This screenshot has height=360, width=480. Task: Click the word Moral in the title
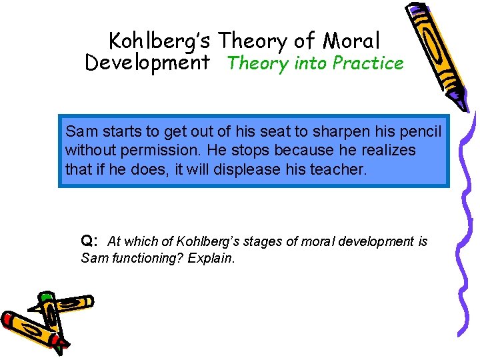coord(351,41)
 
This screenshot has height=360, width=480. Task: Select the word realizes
coord(382,151)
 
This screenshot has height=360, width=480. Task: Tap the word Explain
coord(211,258)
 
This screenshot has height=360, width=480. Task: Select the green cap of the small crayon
coord(46,297)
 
